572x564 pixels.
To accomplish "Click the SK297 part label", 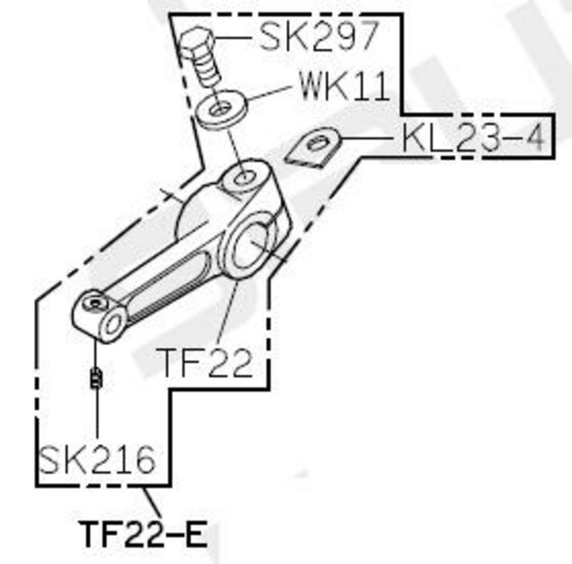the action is pyautogui.click(x=319, y=36).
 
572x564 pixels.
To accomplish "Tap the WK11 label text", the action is pyautogui.click(x=344, y=86).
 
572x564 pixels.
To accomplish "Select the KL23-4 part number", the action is pyautogui.click(x=473, y=137).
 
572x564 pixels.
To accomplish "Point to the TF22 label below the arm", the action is pyautogui.click(x=205, y=362).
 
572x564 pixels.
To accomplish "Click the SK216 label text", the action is pyautogui.click(x=98, y=459).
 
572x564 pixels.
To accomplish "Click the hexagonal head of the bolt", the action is pyautogui.click(x=197, y=41).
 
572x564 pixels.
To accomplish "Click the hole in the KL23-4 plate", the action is pyautogui.click(x=316, y=143).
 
